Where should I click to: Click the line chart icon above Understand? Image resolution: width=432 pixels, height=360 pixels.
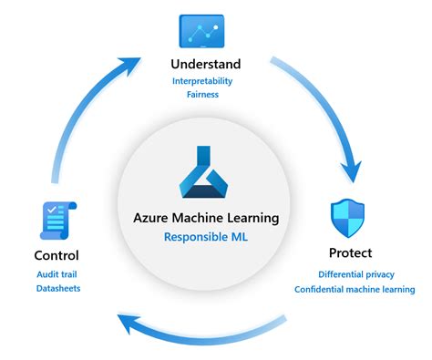(x=202, y=30)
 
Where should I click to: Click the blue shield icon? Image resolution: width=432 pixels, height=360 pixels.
(x=348, y=220)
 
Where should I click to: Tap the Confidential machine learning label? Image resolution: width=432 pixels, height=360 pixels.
(x=354, y=290)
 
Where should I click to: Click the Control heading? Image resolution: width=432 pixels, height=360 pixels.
(x=56, y=255)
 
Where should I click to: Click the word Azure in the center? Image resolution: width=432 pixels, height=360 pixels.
(x=154, y=218)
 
